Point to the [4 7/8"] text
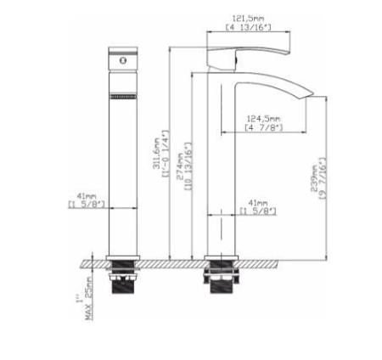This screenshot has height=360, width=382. [x=262, y=127]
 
